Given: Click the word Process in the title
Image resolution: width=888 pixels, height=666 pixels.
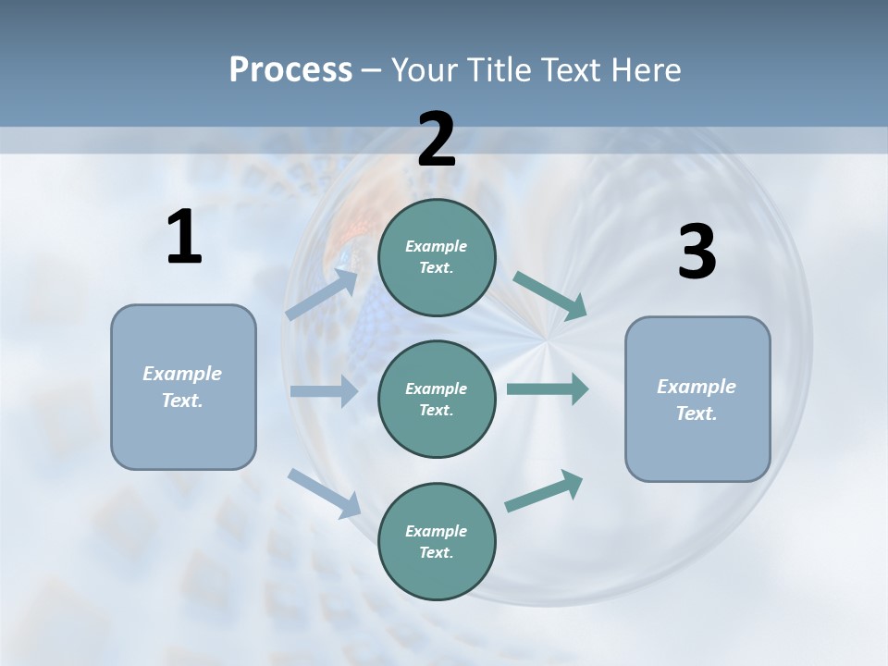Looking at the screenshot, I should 290,69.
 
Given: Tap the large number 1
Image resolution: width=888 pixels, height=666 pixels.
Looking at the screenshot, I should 184,239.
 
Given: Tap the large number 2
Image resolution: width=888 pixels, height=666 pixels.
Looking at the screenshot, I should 437,139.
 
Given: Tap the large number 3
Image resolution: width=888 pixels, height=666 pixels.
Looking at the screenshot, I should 697,253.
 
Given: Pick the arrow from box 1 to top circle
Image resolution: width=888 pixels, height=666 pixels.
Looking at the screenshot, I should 323,294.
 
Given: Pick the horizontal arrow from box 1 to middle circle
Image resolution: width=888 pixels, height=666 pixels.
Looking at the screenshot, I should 324,391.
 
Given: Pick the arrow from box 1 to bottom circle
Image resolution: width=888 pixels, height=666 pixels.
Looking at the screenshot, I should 325,492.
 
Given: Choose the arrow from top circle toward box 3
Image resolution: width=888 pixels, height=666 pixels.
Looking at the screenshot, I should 550,296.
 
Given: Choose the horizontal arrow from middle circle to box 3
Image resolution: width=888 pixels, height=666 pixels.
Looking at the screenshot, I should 548,388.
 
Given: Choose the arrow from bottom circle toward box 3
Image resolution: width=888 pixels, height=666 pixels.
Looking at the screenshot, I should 545,491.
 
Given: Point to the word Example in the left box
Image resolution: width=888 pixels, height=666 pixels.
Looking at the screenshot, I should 182,374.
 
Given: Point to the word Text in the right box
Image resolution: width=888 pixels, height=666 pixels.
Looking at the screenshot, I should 696,413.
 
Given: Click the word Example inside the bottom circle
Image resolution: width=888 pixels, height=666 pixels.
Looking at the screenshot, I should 436,531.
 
